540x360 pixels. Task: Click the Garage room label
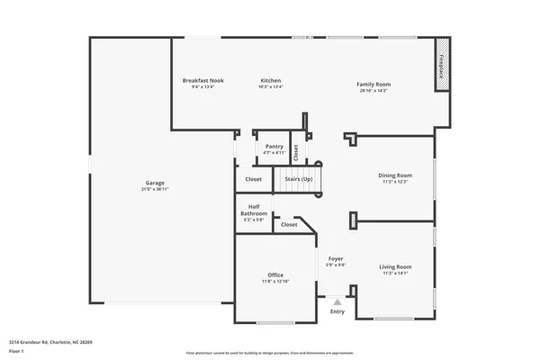coord(155,184)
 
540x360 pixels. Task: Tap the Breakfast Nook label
coord(202,80)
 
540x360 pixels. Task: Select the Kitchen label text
coord(271,80)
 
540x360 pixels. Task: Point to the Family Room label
coord(373,85)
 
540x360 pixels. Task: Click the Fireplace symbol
coord(442,64)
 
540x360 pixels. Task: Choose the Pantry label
coord(274,146)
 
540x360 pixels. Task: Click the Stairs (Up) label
coord(299,179)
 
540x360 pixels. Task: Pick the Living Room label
coord(396,266)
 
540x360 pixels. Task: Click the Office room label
coord(275,274)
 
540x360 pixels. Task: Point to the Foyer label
coord(336,258)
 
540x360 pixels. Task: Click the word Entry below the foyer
coord(337,312)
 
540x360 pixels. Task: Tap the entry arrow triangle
coord(337,302)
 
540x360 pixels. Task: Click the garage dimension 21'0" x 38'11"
coord(155,189)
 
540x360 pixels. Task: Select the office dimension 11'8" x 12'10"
coord(275,282)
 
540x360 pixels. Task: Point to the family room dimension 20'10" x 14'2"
coord(373,91)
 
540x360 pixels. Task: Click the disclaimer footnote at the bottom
coord(270,354)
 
